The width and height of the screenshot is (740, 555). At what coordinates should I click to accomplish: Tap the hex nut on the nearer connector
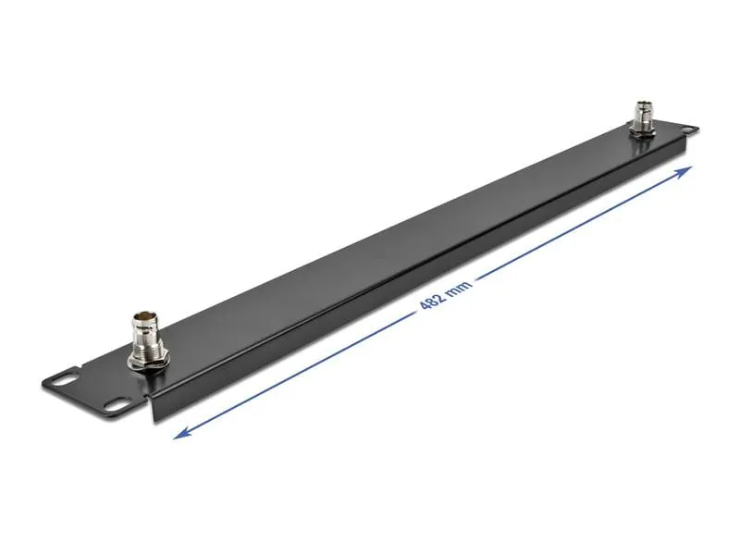146,361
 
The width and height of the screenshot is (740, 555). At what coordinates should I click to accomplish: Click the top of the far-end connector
642,104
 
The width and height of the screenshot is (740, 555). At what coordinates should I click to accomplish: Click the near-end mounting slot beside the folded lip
117,404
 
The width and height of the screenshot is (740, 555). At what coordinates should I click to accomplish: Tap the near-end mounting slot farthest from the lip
67,378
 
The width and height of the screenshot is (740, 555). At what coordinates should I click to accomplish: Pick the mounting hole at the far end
689,129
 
